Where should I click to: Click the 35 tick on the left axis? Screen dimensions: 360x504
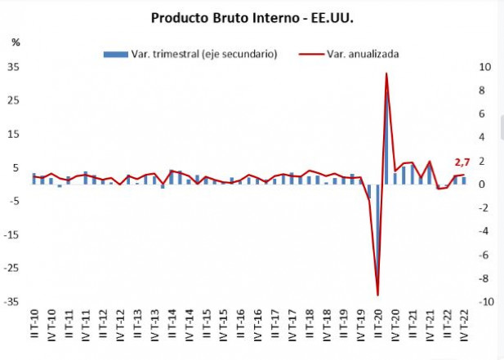tap(14, 67)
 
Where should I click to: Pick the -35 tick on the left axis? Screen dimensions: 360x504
tap(12, 301)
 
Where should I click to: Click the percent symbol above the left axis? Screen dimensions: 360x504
tap(16, 42)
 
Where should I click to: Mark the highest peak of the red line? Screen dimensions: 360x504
tap(386, 73)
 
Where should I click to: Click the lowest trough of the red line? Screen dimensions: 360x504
tap(377, 295)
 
